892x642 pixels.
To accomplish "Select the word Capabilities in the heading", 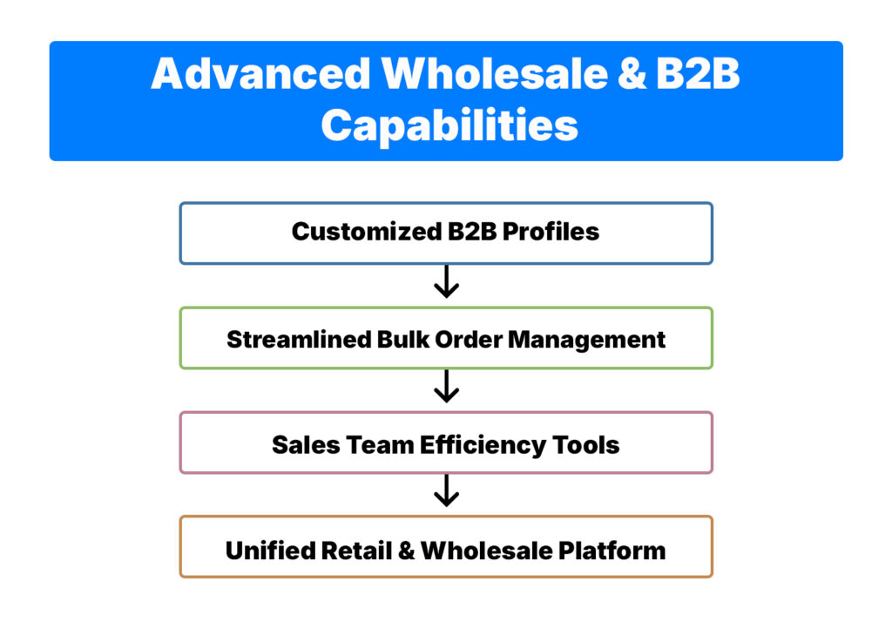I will (x=449, y=125).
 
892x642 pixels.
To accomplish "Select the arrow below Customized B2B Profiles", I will (x=446, y=282).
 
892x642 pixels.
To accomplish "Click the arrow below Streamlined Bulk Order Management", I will (x=446, y=387).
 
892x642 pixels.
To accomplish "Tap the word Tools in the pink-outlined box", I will (x=586, y=444).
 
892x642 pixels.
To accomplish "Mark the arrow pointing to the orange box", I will (x=446, y=490).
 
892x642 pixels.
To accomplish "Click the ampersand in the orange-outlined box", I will (x=407, y=551).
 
